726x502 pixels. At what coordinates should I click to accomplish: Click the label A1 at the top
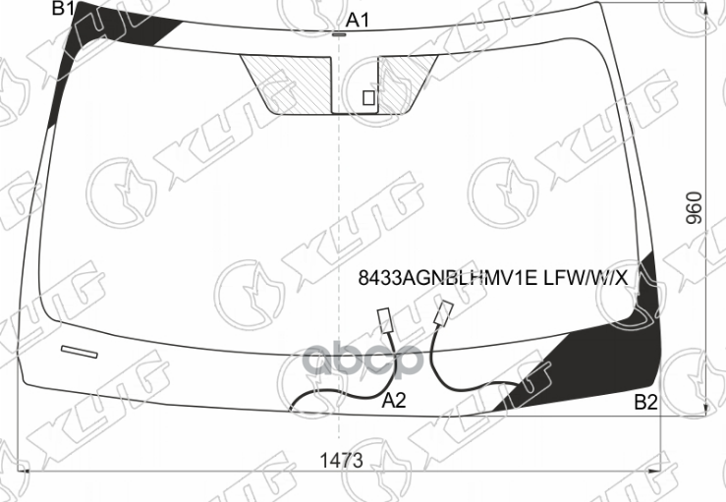pyautogui.click(x=358, y=20)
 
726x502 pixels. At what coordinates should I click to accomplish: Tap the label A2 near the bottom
pyautogui.click(x=394, y=400)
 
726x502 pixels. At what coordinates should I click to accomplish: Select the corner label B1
pyautogui.click(x=64, y=9)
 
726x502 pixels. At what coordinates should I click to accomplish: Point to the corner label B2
pyautogui.click(x=645, y=401)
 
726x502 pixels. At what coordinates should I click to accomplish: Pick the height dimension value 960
pyautogui.click(x=694, y=208)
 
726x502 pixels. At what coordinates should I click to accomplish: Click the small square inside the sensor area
pyautogui.click(x=368, y=97)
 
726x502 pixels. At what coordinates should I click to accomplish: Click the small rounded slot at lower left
pyautogui.click(x=80, y=351)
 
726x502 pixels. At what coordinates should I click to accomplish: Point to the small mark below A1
pyautogui.click(x=339, y=34)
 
